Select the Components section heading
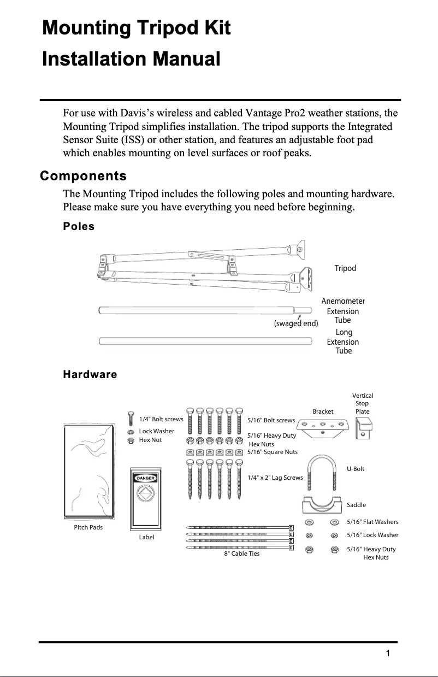(x=83, y=176)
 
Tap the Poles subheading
(x=79, y=226)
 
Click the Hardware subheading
(x=90, y=374)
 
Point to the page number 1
(x=387, y=654)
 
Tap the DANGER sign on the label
(x=146, y=478)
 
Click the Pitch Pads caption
(x=88, y=527)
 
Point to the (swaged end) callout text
(x=295, y=323)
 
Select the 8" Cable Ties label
(x=242, y=554)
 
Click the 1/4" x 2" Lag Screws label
(x=275, y=478)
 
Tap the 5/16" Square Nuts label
(x=272, y=452)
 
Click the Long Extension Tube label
(x=344, y=342)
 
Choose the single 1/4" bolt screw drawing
(x=131, y=419)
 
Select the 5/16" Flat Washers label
(x=372, y=522)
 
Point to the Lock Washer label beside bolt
(x=156, y=431)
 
